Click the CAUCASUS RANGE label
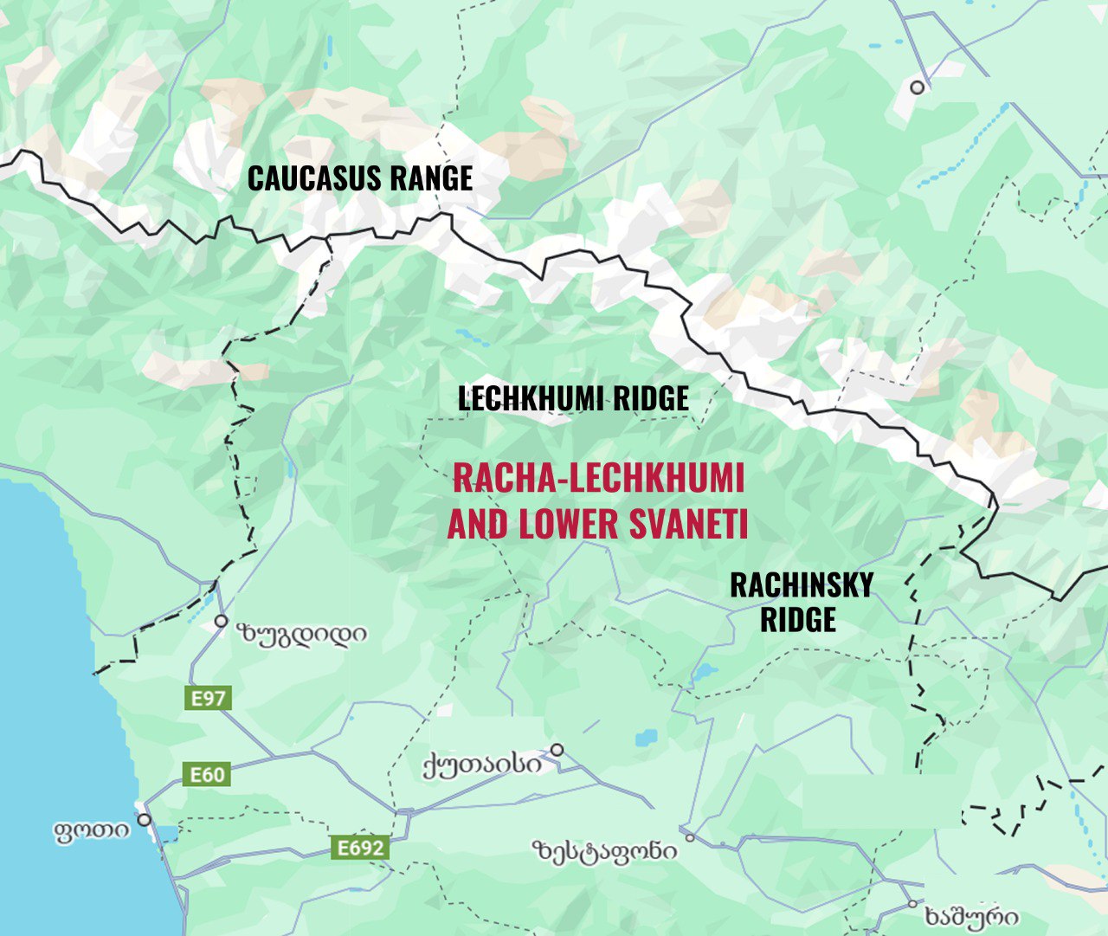tap(360, 178)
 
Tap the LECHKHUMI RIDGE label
tap(573, 398)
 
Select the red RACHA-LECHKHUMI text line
tap(598, 478)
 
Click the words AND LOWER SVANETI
tap(597, 525)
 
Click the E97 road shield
tap(208, 698)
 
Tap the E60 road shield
tap(207, 774)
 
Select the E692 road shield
tap(360, 848)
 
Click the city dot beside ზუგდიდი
tap(221, 621)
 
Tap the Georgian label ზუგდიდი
tap(301, 635)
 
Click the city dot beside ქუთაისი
tap(557, 750)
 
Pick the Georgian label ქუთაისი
tap(482, 765)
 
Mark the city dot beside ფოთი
tap(144, 819)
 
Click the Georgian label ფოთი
tap(92, 832)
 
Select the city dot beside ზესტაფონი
tap(690, 837)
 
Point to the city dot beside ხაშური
tap(912, 904)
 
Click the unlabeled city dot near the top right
tap(917, 87)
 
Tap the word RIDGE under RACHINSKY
tap(798, 620)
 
